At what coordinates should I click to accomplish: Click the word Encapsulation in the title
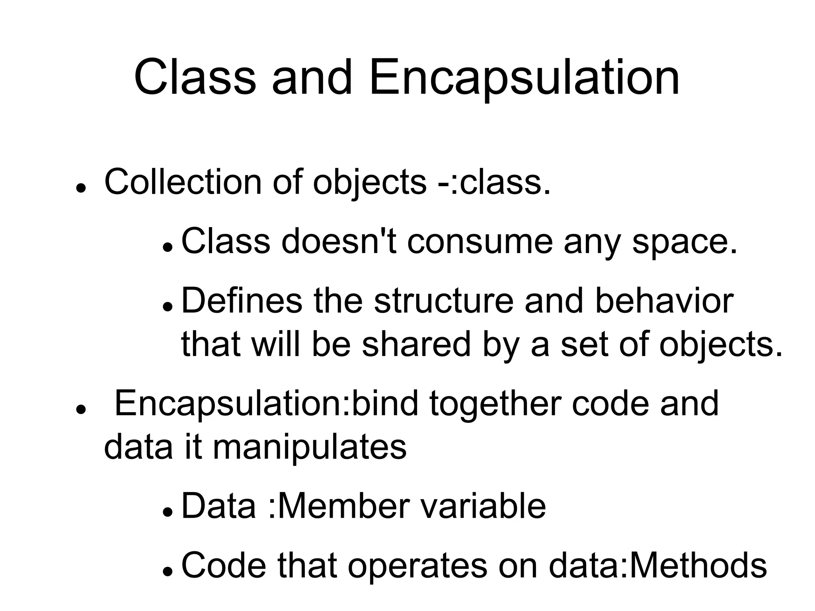[524, 78]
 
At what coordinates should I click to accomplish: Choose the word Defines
[242, 301]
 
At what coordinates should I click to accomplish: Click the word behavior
[664, 301]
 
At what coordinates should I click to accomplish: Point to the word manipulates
[310, 447]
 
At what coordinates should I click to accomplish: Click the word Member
[344, 506]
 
